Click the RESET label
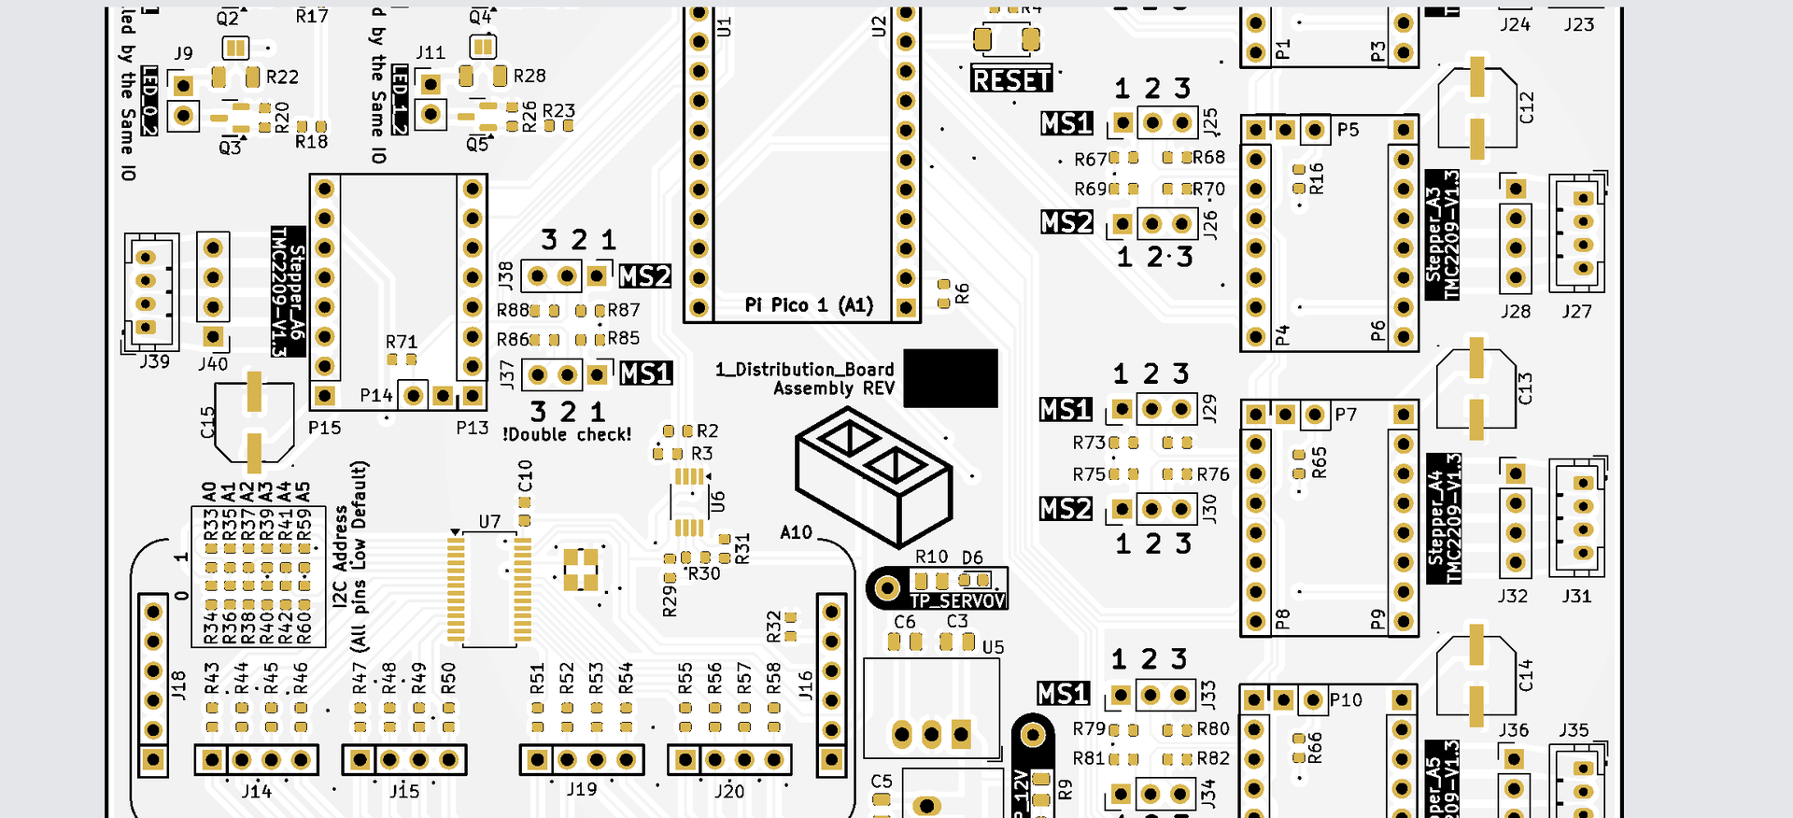point(1011,80)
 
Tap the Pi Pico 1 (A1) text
point(809,305)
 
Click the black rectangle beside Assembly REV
point(951,378)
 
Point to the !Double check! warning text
point(567,434)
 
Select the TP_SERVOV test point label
point(957,600)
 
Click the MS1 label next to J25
point(1066,123)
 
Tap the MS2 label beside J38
point(644,276)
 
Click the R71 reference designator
point(402,342)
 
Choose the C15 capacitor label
point(207,422)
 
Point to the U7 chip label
point(489,521)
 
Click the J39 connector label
point(155,361)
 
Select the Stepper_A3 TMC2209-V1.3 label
point(1443,235)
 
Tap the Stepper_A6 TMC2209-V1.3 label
point(288,290)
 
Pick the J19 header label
point(582,789)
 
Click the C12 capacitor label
point(1527,107)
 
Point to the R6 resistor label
point(962,294)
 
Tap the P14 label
point(376,396)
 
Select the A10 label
point(796,532)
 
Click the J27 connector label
point(1576,311)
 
